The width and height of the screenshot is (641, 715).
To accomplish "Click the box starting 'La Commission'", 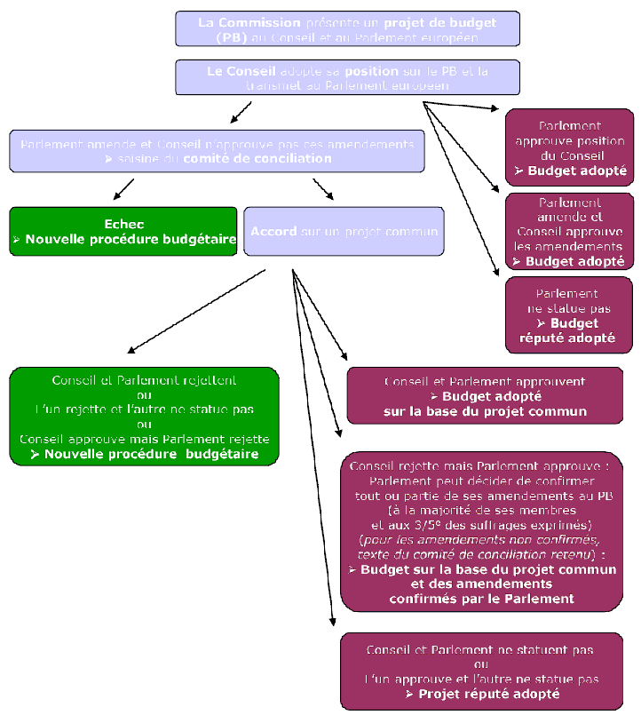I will pyautogui.click(x=347, y=28).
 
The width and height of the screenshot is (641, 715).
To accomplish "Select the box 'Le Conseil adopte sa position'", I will pyautogui.click(x=347, y=77).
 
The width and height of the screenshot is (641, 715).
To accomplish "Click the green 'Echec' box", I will pyautogui.click(x=123, y=232).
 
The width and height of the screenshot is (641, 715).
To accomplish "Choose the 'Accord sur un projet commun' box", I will pyautogui.click(x=344, y=232).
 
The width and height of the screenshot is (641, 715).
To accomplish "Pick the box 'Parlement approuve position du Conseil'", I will pyautogui.click(x=569, y=147).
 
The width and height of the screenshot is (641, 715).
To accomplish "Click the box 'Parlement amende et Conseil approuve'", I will pyautogui.click(x=569, y=231).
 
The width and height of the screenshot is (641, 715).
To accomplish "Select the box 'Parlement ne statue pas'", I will pyautogui.click(x=569, y=314).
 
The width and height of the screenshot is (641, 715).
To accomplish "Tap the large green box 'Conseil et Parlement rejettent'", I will pyautogui.click(x=144, y=417).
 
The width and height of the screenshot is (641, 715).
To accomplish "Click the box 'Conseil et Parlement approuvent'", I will pyautogui.click(x=485, y=395).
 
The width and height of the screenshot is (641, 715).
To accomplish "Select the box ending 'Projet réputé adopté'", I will pyautogui.click(x=480, y=671).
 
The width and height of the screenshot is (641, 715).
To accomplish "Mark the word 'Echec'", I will pyautogui.click(x=123, y=225).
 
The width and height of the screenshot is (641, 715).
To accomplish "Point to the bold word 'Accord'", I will pyautogui.click(x=273, y=232).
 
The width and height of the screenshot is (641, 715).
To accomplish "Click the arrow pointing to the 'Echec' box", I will pyautogui.click(x=123, y=188).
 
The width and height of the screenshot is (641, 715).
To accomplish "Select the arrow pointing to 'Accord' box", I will pyautogui.click(x=324, y=189).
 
